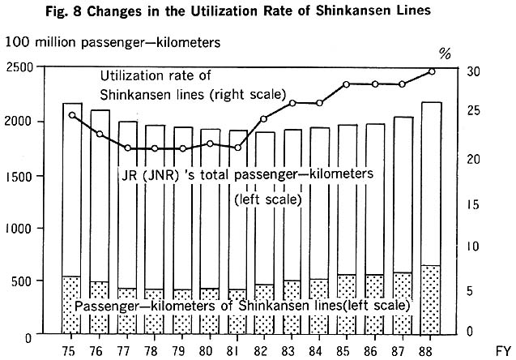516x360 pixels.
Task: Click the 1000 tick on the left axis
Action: tap(20, 229)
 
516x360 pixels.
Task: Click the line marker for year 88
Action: tap(432, 71)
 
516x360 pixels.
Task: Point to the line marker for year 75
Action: tap(71, 115)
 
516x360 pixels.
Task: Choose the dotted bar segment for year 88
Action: tap(432, 299)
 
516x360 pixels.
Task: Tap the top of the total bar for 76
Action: tap(100, 110)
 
